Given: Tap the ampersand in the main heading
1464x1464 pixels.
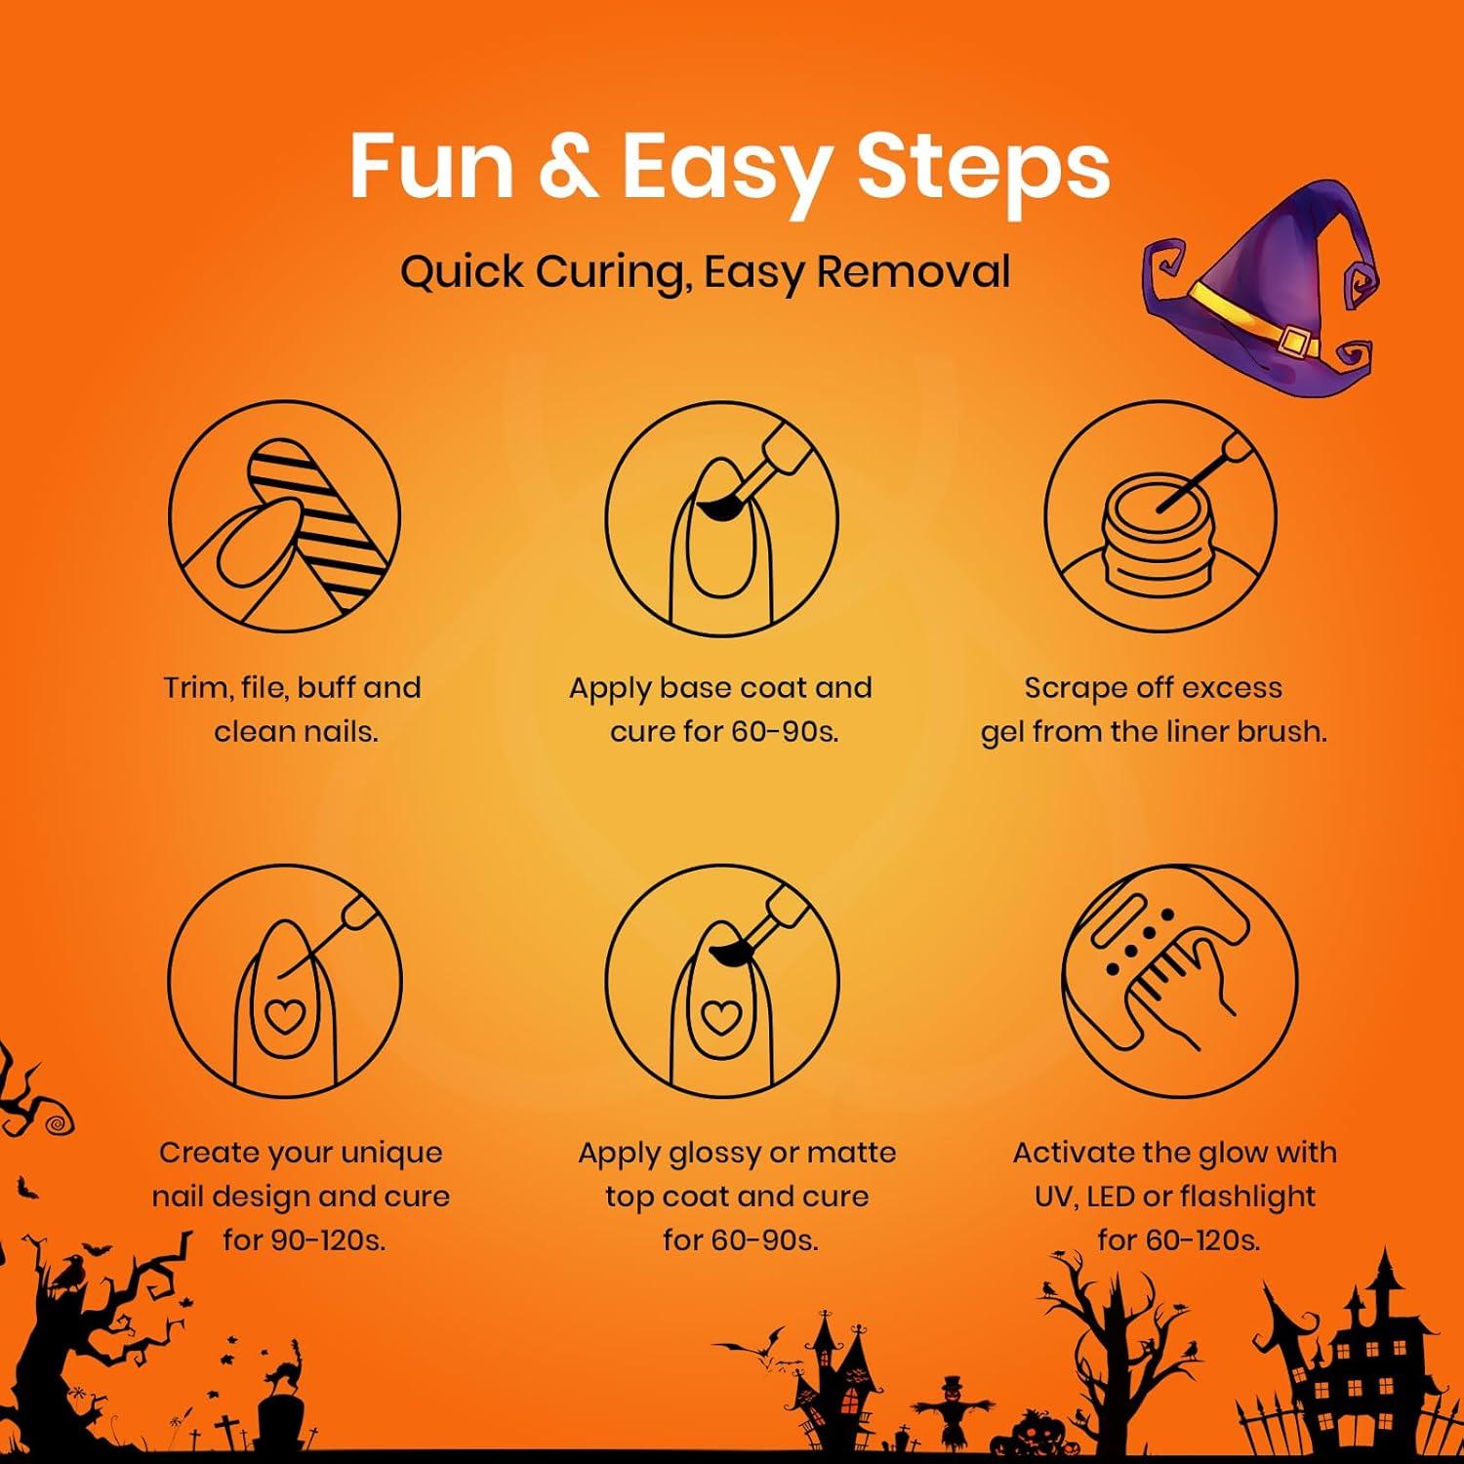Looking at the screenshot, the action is pos(567,166).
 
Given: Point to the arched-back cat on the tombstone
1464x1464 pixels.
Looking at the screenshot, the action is pos(284,1362).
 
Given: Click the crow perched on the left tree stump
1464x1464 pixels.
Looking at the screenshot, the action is pos(70,1274).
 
